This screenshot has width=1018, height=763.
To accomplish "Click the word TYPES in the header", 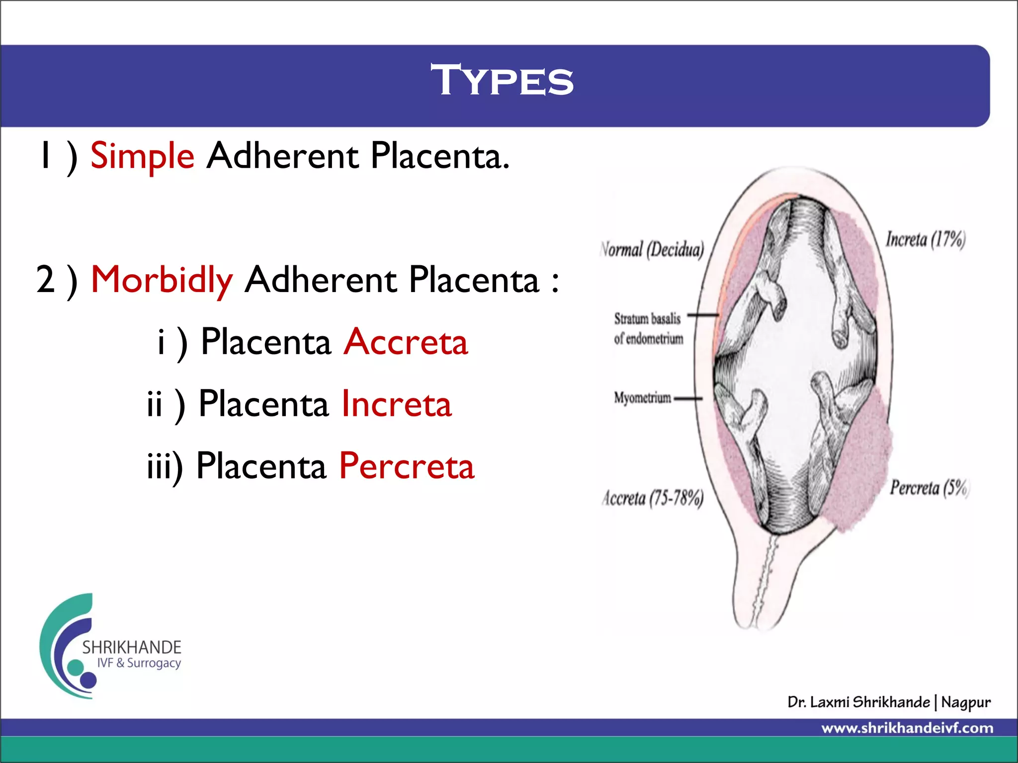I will (502, 80).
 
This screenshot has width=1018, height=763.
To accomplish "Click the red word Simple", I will (142, 156).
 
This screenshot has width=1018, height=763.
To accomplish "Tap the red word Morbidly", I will (162, 280).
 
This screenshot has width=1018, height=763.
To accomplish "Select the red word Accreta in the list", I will (406, 342).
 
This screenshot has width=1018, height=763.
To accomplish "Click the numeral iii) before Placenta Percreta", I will (165, 466).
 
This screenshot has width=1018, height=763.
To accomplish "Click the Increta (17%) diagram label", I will (925, 240).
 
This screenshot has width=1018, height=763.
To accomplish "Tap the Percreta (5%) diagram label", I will (929, 488).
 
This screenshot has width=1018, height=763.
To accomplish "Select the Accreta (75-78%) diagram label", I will (653, 498).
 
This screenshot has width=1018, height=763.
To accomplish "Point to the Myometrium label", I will (642, 398).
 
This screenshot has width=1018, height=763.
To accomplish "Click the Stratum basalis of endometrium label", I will (648, 328).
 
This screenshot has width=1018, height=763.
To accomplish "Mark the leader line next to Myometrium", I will (688, 398).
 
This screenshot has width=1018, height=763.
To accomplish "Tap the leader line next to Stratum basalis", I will (703, 315).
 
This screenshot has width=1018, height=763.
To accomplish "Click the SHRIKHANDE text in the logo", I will (132, 647).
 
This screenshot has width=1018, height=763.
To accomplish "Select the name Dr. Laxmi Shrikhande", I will (858, 702).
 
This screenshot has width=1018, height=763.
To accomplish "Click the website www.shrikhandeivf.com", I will (907, 728).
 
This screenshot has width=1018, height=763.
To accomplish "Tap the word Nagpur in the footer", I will (965, 702).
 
